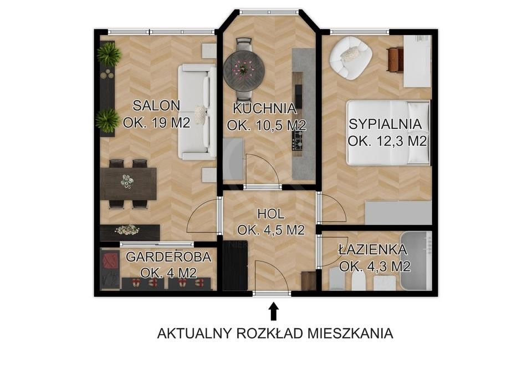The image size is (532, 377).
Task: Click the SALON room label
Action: tap(156, 105)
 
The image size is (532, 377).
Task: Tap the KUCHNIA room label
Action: tap(265, 109)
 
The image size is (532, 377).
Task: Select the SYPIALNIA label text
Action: tap(386, 124)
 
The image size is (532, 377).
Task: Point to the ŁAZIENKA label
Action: tap(373, 249)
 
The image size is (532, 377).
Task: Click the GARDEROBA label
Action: tap(168, 257)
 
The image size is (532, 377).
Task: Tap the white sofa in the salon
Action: tap(197, 112)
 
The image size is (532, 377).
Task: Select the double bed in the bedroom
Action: tap(388, 133)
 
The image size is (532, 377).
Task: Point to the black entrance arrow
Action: tap(273, 311)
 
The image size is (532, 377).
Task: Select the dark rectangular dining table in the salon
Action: tap(129, 184)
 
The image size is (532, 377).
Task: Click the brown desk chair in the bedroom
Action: tap(395, 60)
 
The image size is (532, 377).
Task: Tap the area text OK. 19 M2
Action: tap(156, 123)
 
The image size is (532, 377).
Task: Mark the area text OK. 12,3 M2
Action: tap(387, 140)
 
